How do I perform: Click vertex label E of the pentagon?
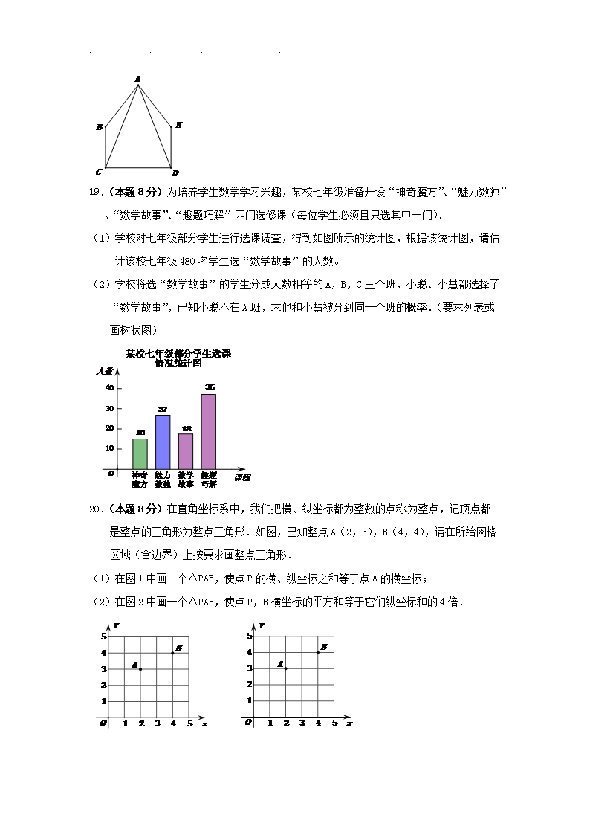pyautogui.click(x=179, y=125)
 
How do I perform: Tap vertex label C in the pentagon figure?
pyautogui.click(x=99, y=172)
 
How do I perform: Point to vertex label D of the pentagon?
pyautogui.click(x=175, y=173)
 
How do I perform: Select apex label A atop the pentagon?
pyautogui.click(x=137, y=78)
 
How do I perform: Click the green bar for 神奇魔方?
pyautogui.click(x=140, y=454)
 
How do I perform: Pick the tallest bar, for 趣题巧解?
pyautogui.click(x=209, y=431)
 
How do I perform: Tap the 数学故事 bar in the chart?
pyautogui.click(x=186, y=451)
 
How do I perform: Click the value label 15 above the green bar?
pyautogui.click(x=140, y=433)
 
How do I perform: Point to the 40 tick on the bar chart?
pyautogui.click(x=109, y=388)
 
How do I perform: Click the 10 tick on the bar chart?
pyautogui.click(x=109, y=448)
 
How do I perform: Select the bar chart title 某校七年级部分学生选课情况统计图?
pyautogui.click(x=178, y=358)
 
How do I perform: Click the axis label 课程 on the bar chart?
pyautogui.click(x=242, y=476)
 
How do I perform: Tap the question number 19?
pyautogui.click(x=94, y=193)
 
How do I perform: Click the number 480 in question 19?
pyautogui.click(x=187, y=261)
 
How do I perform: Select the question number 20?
pyautogui.click(x=94, y=509)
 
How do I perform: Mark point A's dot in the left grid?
pyautogui.click(x=140, y=669)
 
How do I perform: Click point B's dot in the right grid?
pyautogui.click(x=318, y=652)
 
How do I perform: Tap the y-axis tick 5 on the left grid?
pyautogui.click(x=105, y=636)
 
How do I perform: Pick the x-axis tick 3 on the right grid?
pyautogui.click(x=302, y=723)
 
